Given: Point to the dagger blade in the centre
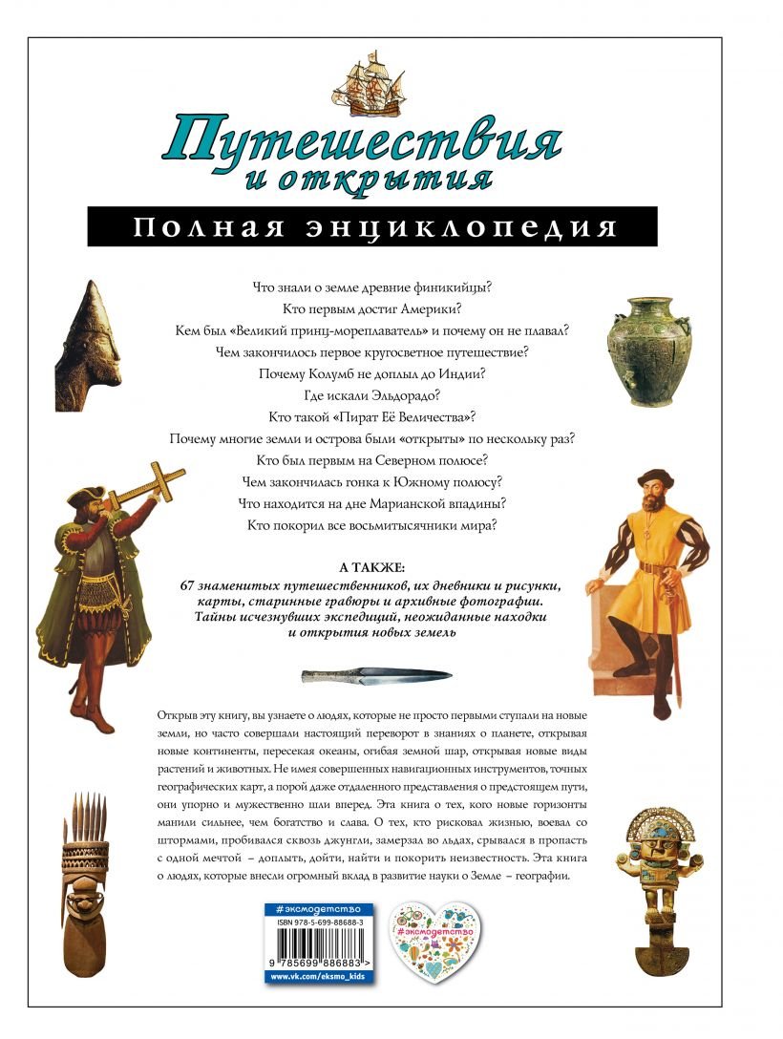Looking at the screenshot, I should [377, 675].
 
